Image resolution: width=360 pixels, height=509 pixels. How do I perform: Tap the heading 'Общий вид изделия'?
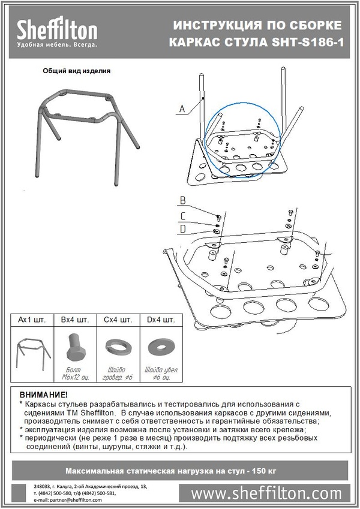[76, 70]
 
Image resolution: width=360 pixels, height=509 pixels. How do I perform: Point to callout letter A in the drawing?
[181, 109]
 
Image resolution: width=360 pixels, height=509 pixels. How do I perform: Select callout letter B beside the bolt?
[183, 200]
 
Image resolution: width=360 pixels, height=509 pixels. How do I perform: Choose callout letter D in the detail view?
[183, 228]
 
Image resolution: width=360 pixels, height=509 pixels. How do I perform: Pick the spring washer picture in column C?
[118, 347]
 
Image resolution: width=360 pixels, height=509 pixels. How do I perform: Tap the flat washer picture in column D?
[160, 347]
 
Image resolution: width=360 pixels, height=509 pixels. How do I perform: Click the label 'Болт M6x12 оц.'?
[75, 375]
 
